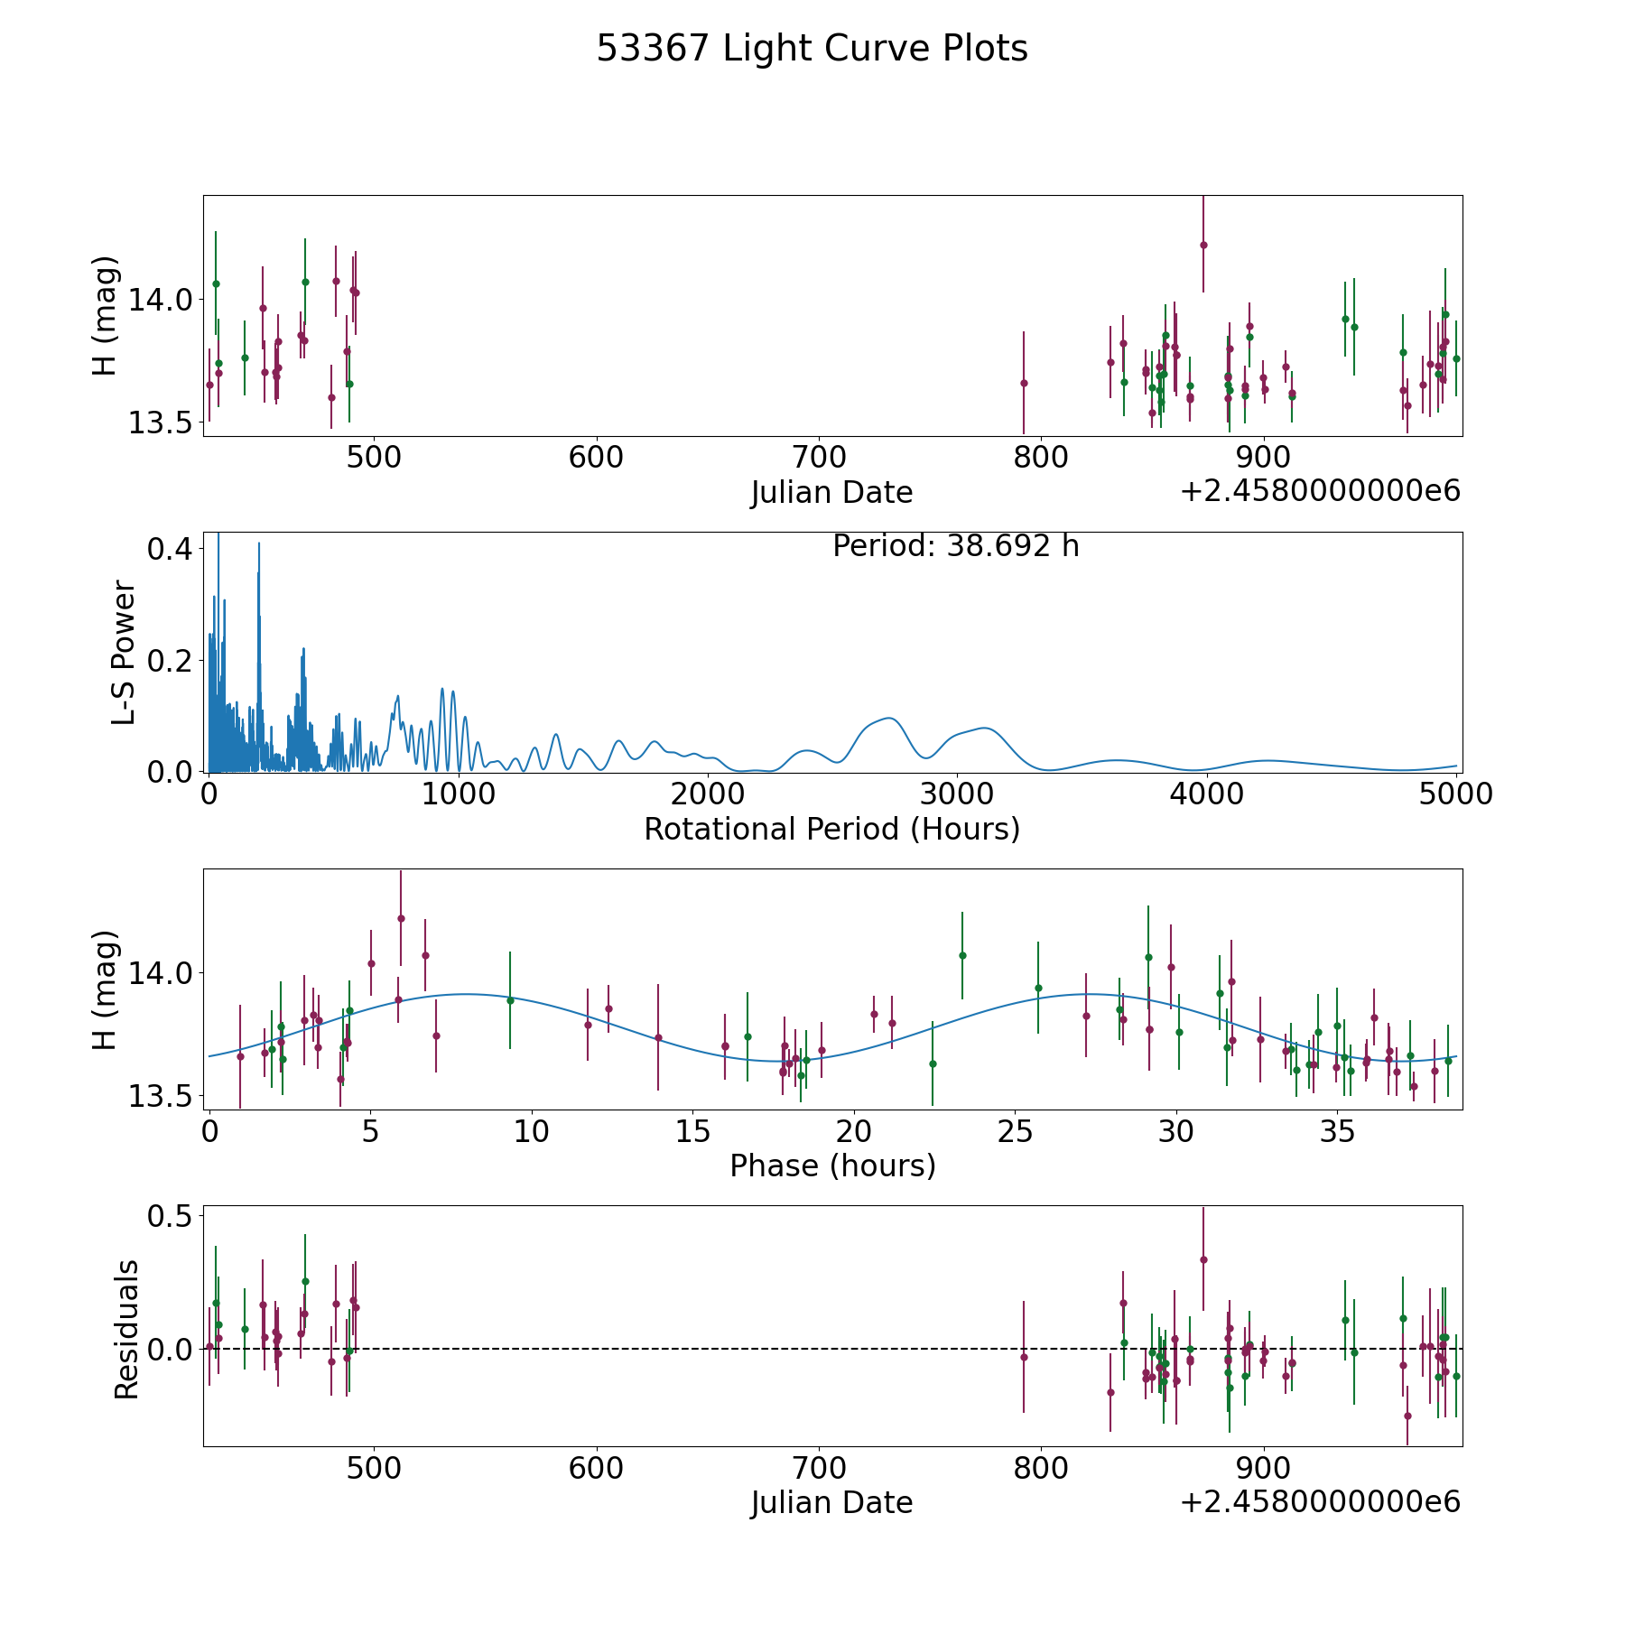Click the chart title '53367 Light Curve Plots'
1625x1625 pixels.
point(812,49)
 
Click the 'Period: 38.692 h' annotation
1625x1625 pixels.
point(955,546)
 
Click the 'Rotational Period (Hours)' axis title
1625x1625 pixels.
point(831,829)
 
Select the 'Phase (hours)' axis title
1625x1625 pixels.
point(831,1166)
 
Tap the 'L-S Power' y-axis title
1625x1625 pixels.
point(125,653)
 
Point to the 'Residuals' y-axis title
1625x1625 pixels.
point(126,1330)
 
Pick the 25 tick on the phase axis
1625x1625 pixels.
point(1015,1132)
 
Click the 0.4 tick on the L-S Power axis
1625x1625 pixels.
point(170,549)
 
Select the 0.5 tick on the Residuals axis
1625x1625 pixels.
point(170,1217)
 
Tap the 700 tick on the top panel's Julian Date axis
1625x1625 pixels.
point(818,458)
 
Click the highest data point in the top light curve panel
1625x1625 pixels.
point(1203,245)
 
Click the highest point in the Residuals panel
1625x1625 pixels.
point(1203,1259)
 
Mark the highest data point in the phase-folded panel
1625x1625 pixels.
point(401,918)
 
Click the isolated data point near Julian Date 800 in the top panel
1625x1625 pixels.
point(1024,383)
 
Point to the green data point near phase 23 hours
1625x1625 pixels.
point(962,955)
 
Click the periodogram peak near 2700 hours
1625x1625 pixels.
point(889,719)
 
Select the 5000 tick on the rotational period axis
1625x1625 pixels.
point(1456,794)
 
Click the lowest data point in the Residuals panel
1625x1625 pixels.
point(1407,1416)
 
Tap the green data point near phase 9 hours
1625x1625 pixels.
point(510,1000)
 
